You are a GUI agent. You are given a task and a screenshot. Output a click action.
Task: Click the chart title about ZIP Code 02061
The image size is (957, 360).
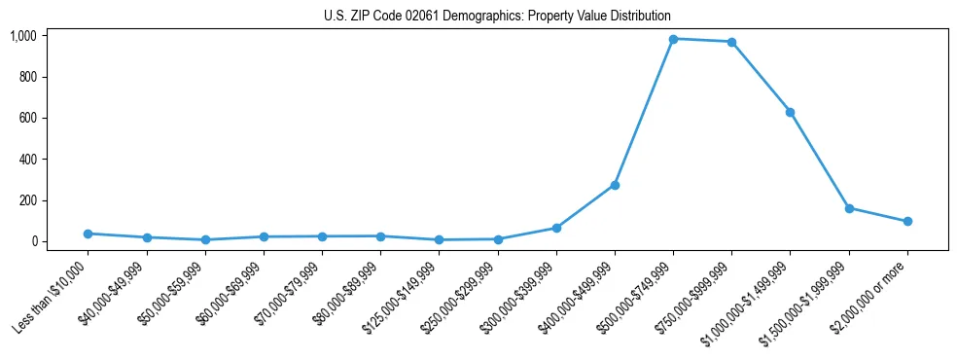click(497, 17)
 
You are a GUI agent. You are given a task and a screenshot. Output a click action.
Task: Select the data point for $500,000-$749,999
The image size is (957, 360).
click(673, 39)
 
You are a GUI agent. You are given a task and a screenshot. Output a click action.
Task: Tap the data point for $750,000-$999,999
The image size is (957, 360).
click(731, 42)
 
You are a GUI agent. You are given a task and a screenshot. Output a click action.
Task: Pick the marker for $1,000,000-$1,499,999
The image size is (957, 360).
click(790, 112)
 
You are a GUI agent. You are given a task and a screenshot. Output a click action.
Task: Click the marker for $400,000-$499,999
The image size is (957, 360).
click(615, 185)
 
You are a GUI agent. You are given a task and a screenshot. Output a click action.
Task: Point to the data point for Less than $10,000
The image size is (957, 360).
click(88, 234)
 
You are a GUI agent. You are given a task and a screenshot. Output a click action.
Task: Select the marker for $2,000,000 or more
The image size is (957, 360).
click(907, 221)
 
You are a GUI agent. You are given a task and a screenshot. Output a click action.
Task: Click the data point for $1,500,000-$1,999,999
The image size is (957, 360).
click(849, 208)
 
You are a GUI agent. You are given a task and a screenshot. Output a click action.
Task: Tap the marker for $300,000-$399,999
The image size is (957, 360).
click(556, 228)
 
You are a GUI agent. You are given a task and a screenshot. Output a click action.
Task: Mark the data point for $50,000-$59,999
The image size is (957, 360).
click(204, 239)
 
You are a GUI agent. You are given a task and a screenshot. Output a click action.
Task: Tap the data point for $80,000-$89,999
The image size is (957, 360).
click(380, 236)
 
